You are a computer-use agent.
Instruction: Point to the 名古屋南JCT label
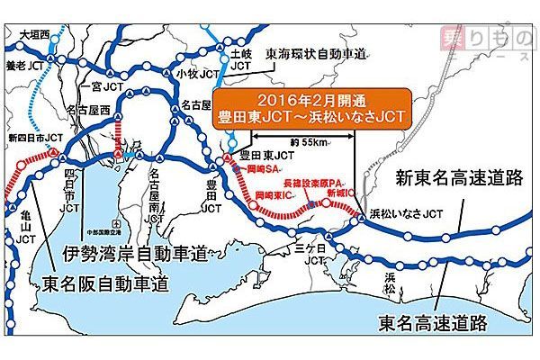tap(157, 194)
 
